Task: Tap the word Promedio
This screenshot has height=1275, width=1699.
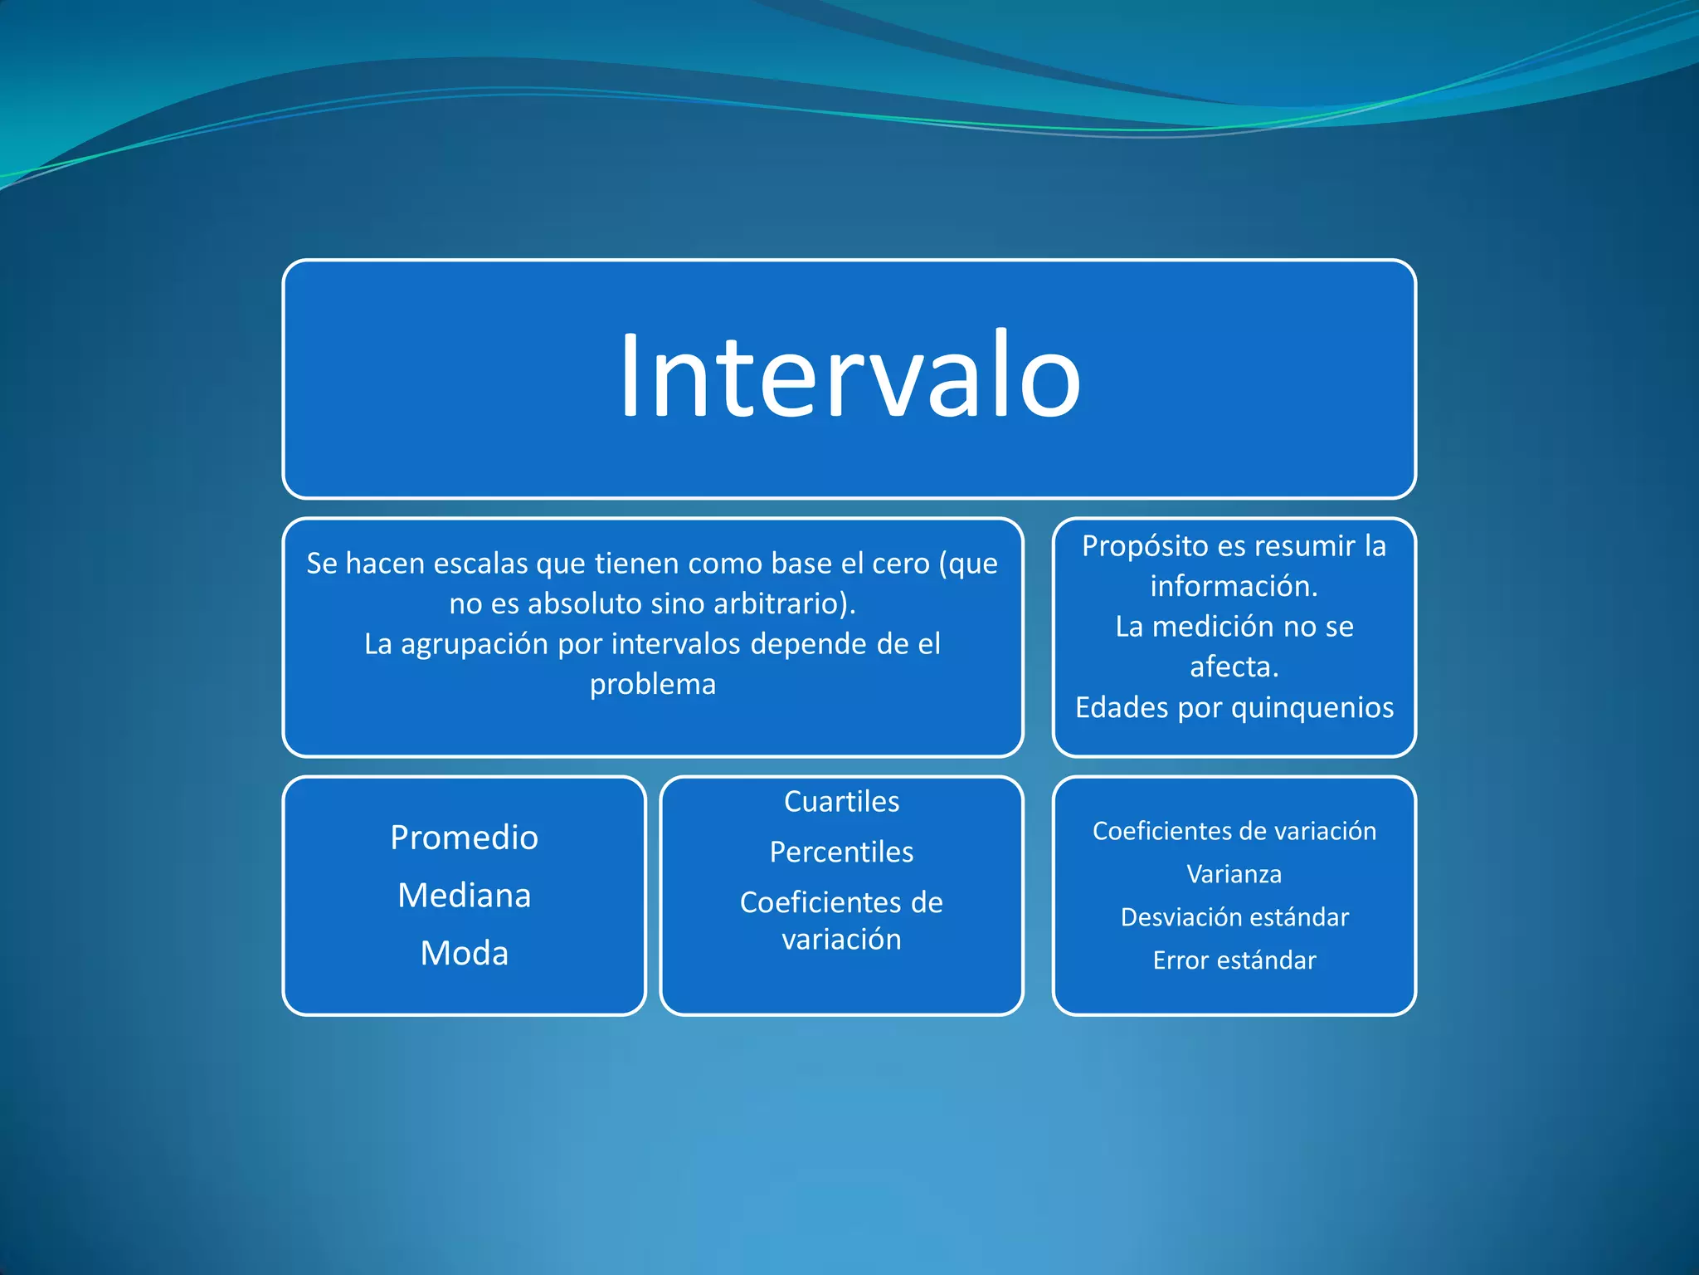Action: coord(464,838)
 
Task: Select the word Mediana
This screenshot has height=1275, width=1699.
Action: coord(464,896)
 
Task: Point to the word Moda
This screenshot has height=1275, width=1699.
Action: coord(464,953)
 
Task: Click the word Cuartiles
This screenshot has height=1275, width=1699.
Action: coord(841,802)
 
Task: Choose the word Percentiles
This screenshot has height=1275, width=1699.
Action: coord(841,852)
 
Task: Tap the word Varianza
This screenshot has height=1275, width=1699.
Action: coord(1234,874)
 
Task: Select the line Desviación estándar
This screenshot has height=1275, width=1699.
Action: coord(1234,917)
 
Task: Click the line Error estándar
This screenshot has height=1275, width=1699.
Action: coord(1234,960)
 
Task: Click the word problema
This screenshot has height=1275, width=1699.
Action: coord(652,685)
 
